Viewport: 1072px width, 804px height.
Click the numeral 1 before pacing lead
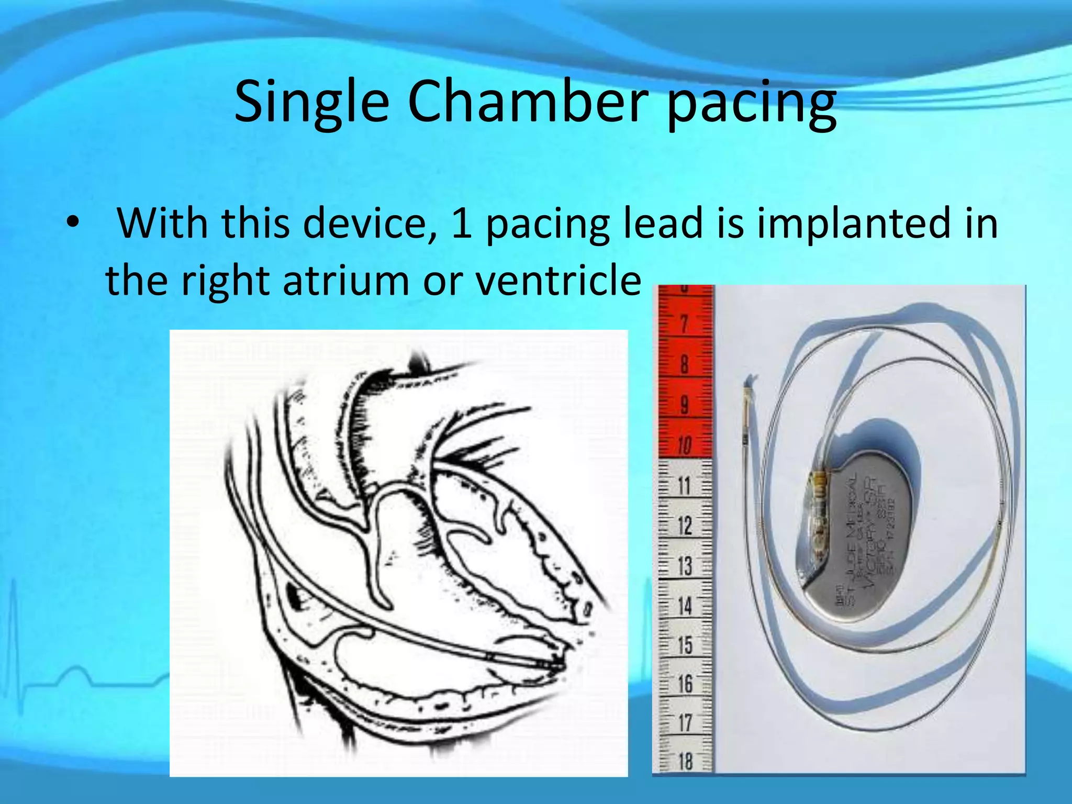pos(462,224)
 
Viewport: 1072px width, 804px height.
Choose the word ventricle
pos(558,281)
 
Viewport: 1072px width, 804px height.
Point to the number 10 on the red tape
pos(684,445)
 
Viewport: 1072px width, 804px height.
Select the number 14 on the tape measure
pos(685,606)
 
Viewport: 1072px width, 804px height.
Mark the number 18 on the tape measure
pos(685,761)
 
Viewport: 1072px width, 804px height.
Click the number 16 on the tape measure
pos(685,684)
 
